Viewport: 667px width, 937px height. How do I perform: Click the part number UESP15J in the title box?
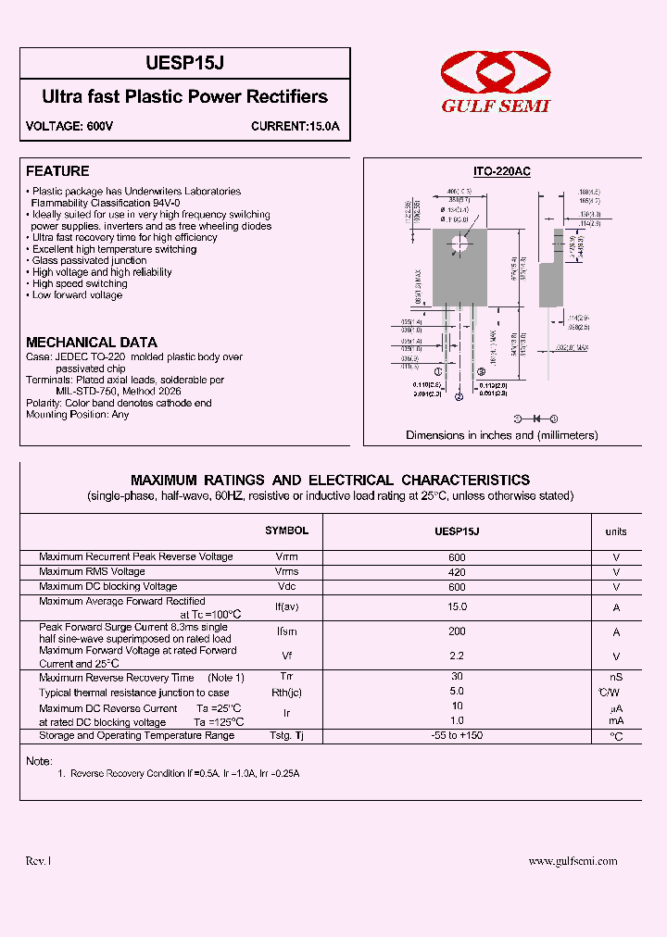(x=184, y=64)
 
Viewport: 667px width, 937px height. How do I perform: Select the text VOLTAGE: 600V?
(x=69, y=126)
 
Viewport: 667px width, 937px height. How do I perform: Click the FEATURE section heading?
(x=57, y=171)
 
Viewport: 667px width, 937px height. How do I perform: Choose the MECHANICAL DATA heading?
(x=91, y=343)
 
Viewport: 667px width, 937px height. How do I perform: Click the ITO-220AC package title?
(x=501, y=172)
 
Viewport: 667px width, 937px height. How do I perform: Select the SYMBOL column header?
(x=286, y=531)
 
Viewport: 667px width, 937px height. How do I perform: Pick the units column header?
(x=616, y=531)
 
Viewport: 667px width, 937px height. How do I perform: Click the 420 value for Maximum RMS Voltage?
(x=457, y=572)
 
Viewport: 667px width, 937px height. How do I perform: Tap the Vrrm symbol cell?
(x=286, y=557)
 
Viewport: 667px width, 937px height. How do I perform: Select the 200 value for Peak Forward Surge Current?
(x=457, y=631)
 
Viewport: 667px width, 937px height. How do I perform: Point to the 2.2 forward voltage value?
(x=457, y=656)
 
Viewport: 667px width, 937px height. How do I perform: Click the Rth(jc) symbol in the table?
(x=286, y=693)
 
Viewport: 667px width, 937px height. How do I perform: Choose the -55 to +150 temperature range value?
(x=457, y=735)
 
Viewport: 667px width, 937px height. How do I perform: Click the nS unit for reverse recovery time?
(x=616, y=678)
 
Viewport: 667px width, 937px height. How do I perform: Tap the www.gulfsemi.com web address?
(x=573, y=861)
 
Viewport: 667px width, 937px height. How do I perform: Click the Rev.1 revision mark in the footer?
(x=38, y=861)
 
